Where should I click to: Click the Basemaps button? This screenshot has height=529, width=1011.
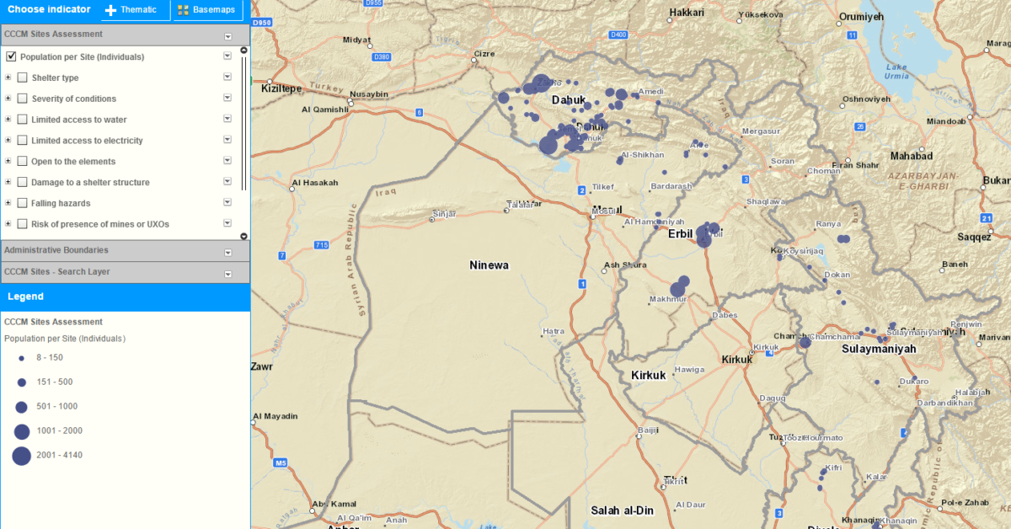pos(208,10)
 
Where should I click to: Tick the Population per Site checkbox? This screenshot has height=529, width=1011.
pos(11,57)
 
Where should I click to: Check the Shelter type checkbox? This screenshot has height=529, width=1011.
pos(23,78)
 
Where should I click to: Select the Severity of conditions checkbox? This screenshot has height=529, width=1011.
pos(23,99)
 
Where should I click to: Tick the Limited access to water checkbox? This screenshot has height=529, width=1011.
pos(23,120)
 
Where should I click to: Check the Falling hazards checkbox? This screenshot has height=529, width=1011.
pos(23,203)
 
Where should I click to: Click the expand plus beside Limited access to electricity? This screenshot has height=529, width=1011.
pos(8,141)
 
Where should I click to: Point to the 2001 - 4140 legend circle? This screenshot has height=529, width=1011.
pos(21,456)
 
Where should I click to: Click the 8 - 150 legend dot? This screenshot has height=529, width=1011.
pos(21,358)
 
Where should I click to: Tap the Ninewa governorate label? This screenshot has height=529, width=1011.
pos(489,265)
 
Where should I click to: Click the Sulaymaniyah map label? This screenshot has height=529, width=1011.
pos(878,347)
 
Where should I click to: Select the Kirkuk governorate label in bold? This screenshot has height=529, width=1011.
pos(649,375)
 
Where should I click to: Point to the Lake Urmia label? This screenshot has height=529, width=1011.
pos(896,71)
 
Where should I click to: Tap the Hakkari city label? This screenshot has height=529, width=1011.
pos(686,13)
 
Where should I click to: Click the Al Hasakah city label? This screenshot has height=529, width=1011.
pos(314,183)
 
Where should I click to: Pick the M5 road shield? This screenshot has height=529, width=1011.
pos(281,463)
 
